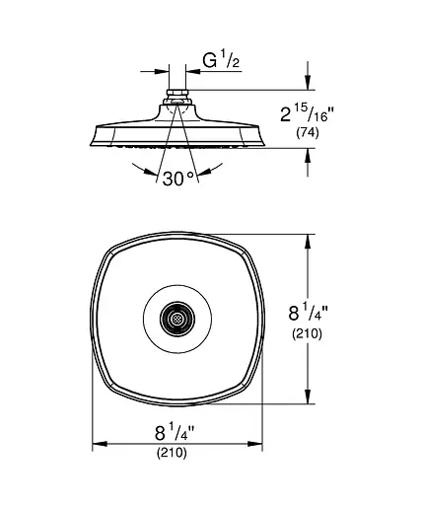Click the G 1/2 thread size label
pyautogui.click(x=221, y=60)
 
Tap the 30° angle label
pyautogui.click(x=178, y=179)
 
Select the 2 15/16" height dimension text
pyautogui.click(x=307, y=114)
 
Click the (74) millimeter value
pyautogui.click(x=308, y=133)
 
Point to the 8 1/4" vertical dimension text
pyautogui.click(x=308, y=313)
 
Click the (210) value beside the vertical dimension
pyautogui.click(x=308, y=333)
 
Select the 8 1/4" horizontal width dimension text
pyautogui.click(x=175, y=432)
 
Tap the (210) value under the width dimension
pyautogui.click(x=172, y=453)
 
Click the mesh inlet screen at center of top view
pyautogui.click(x=177, y=319)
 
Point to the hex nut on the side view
pyautogui.click(x=177, y=93)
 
